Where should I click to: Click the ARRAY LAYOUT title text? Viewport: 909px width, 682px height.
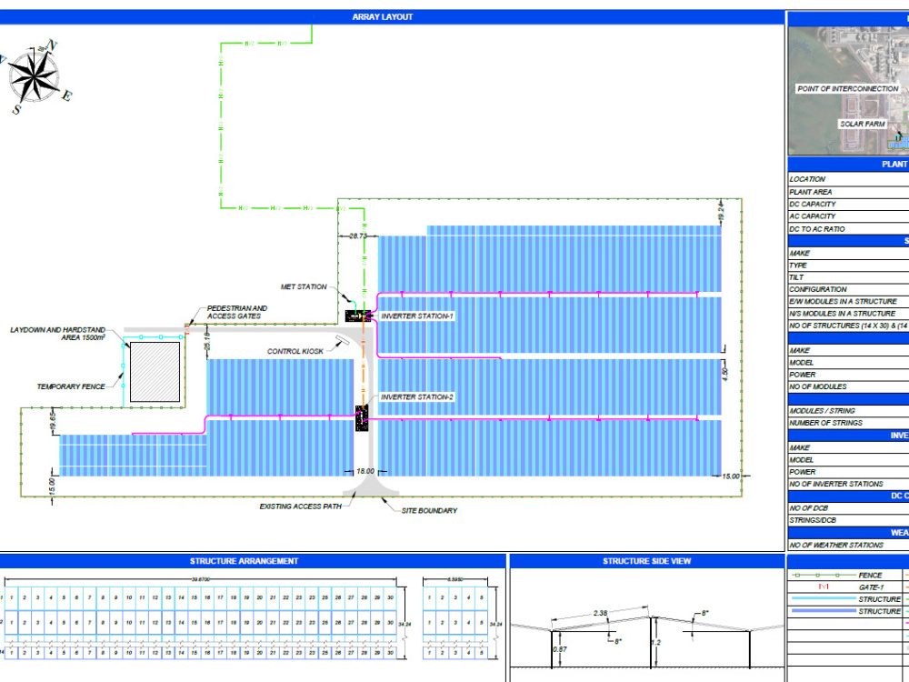382,16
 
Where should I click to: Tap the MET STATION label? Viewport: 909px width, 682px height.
304,287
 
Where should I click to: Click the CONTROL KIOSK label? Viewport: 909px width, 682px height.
295,351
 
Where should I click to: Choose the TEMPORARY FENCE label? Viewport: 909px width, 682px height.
72,386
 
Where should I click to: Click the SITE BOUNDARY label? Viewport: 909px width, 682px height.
429,511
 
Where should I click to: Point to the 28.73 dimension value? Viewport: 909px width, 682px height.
357,236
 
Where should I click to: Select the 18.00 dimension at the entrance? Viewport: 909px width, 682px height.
365,471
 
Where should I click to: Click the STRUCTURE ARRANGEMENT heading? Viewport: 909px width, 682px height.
244,561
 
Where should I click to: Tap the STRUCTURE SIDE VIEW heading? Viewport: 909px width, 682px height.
646,561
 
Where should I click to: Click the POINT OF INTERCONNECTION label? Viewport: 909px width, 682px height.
847,89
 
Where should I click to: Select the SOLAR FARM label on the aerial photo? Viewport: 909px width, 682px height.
862,124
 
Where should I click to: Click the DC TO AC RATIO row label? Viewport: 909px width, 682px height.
817,229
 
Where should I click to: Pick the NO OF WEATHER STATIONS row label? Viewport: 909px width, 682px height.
836,545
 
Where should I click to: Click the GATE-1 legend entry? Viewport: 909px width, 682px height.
870,587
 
